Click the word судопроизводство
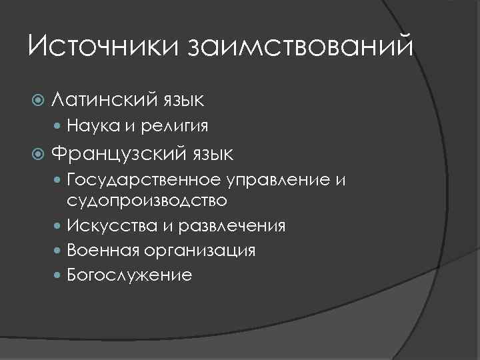click(147, 199)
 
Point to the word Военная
click(101, 250)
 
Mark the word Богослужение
click(129, 275)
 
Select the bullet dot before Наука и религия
click(59, 125)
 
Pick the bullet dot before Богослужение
click(59, 275)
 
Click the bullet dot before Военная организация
click(59, 251)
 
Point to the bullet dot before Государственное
click(59, 180)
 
